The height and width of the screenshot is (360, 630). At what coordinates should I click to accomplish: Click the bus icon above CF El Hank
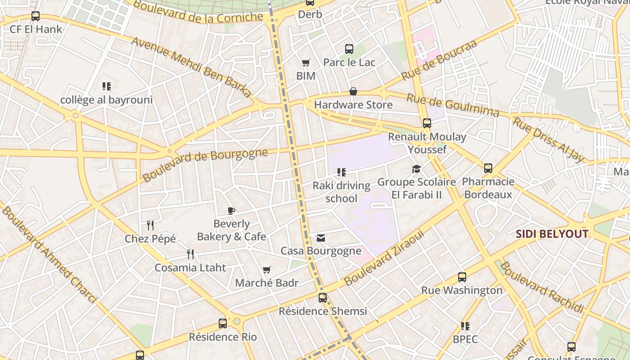click(36, 16)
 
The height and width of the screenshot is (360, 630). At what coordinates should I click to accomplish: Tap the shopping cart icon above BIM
click(306, 63)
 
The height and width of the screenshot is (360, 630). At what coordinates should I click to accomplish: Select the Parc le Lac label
click(349, 62)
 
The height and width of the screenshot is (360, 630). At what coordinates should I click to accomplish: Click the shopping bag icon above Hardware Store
click(353, 92)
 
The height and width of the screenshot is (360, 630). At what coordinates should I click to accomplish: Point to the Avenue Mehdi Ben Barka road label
click(191, 67)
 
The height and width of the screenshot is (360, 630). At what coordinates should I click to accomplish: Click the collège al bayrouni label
click(107, 100)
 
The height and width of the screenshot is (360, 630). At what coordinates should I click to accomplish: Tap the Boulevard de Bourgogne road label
click(205, 165)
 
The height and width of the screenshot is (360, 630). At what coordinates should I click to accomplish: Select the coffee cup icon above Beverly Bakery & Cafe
click(231, 211)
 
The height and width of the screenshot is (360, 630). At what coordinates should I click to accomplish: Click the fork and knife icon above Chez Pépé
click(150, 225)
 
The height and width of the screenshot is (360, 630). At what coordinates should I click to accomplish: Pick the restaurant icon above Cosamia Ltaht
click(190, 254)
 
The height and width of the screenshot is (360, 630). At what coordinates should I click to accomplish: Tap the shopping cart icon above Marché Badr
click(267, 270)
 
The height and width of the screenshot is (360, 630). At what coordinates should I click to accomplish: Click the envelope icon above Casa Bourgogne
click(321, 238)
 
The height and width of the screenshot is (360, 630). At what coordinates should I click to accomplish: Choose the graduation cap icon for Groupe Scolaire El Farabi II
click(417, 169)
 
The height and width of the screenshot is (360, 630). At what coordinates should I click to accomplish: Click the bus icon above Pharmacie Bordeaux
click(488, 168)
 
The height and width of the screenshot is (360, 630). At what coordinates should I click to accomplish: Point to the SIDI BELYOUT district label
click(552, 234)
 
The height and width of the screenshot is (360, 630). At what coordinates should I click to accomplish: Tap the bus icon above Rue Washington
click(462, 277)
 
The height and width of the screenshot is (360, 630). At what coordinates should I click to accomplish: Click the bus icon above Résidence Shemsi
click(323, 297)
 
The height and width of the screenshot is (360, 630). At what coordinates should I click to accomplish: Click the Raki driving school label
click(342, 192)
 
